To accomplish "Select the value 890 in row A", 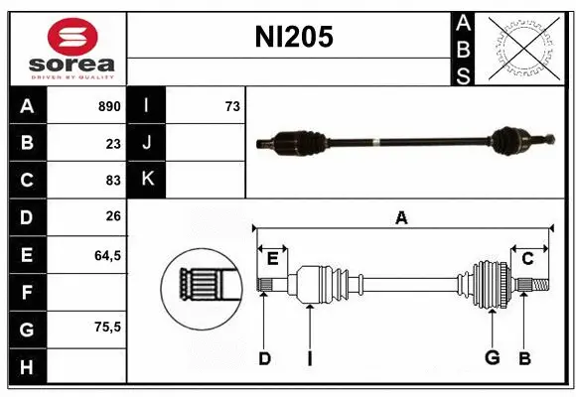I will [x=108, y=106].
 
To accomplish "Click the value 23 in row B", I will [x=113, y=143].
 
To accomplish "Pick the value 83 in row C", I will [x=113, y=181].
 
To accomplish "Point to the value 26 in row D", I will [x=113, y=217].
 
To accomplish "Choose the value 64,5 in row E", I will [x=107, y=255].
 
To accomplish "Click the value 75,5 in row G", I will [x=107, y=327].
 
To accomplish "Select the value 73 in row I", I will [x=232, y=106].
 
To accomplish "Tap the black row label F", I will [x=26, y=293].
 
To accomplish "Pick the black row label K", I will [x=147, y=180].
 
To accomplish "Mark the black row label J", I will [x=147, y=143].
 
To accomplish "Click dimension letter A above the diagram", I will [x=401, y=217].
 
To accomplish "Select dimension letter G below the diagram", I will [x=491, y=358].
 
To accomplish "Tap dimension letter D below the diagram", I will [x=264, y=358].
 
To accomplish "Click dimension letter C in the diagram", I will [x=527, y=258].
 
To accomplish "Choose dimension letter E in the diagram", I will [x=272, y=258].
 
